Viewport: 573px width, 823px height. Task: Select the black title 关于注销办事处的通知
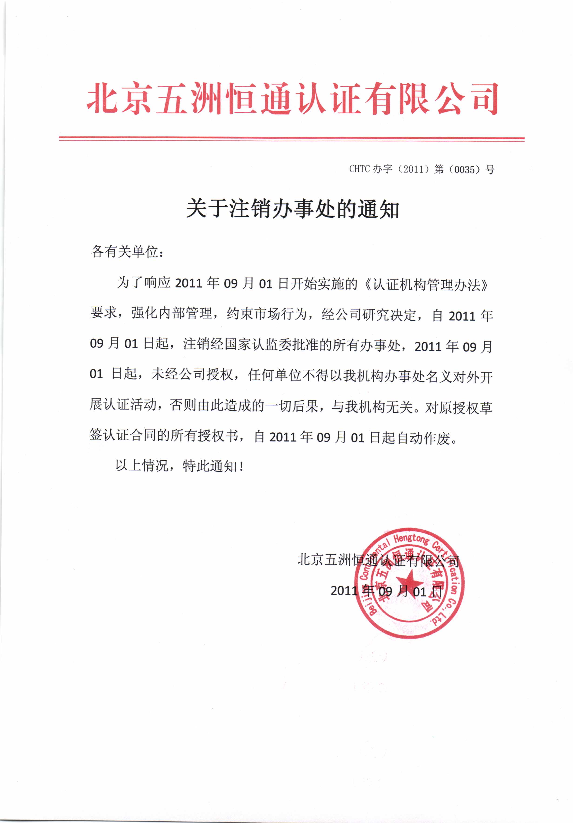pos(292,209)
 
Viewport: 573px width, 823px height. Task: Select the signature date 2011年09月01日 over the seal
pos(386,590)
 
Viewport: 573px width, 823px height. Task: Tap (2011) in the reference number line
pos(414,169)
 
